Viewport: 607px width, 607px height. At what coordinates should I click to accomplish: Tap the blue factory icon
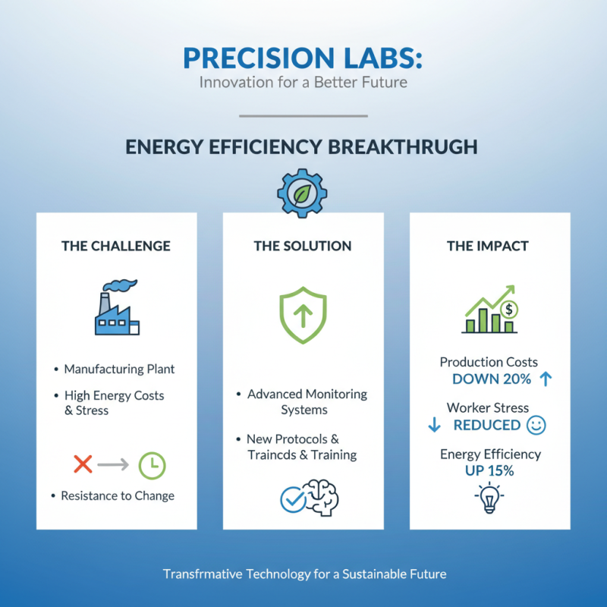117,308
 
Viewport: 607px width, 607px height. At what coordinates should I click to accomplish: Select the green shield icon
303,310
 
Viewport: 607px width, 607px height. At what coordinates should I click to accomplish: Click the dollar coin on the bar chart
510,309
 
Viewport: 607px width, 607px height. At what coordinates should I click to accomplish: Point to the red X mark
83,464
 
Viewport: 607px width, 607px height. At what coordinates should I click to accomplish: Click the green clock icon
152,464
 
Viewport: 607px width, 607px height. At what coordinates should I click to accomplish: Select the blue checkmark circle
293,498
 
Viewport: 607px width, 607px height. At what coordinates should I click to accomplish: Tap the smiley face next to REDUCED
536,425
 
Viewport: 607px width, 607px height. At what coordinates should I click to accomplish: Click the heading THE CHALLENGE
116,246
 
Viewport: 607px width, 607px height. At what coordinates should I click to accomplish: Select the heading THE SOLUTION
303,246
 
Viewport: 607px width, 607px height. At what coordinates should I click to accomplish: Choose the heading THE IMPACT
489,246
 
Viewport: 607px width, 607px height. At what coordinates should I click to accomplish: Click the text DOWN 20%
490,379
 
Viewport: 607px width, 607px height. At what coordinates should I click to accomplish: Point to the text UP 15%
489,470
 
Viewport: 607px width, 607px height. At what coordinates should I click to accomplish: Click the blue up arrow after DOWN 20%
546,379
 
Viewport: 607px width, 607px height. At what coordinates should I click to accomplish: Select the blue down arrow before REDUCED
435,425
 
